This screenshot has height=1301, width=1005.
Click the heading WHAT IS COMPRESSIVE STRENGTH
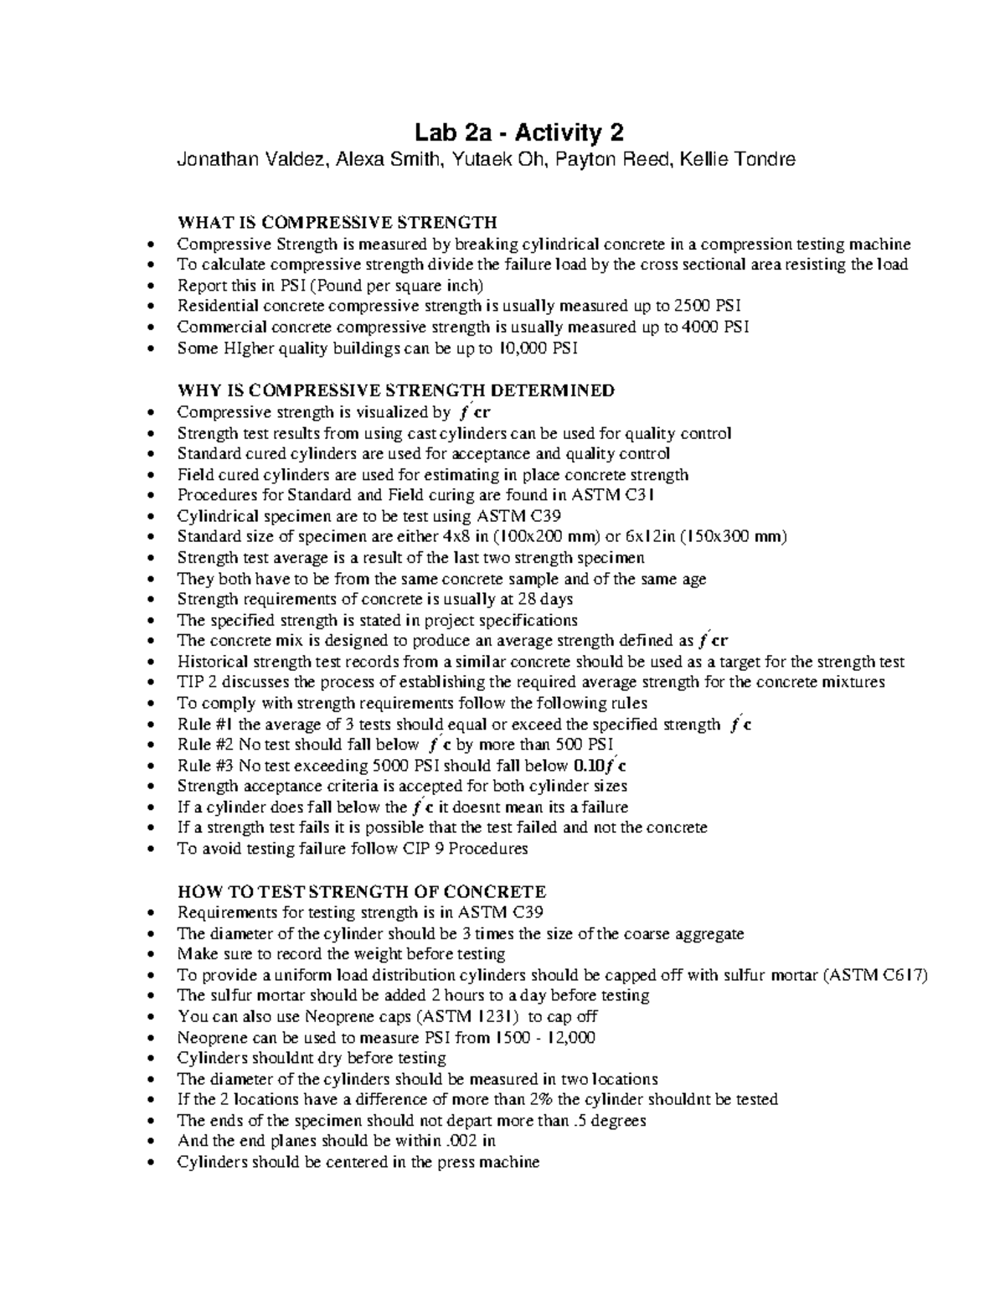click(337, 223)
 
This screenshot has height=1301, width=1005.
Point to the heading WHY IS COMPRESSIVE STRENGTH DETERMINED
click(395, 390)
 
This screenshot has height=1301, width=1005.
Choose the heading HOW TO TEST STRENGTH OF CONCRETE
click(361, 891)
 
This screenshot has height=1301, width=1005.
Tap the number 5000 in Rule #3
click(385, 766)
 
